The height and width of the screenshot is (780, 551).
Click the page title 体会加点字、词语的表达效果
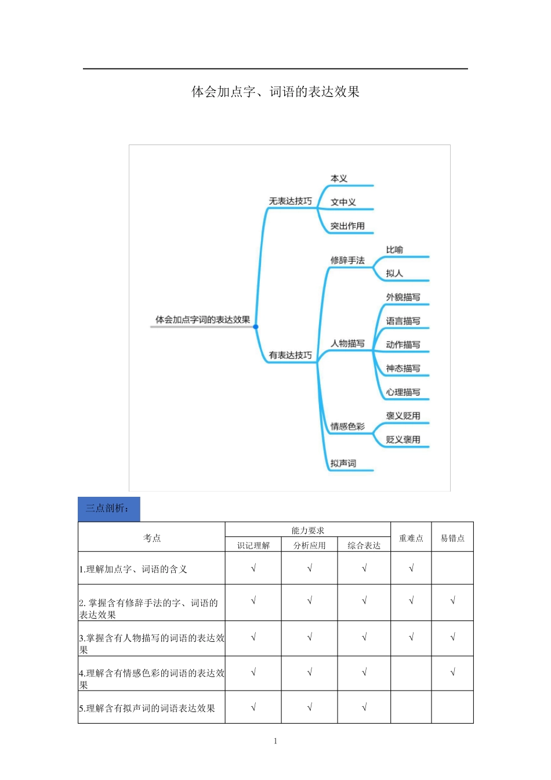275,92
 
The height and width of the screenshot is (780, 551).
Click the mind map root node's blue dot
256,327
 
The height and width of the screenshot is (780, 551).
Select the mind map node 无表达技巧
290,201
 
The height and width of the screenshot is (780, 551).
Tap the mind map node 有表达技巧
290,355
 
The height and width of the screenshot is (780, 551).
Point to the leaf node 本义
339,179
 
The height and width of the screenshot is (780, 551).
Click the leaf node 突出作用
347,226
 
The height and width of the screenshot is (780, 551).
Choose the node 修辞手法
347,260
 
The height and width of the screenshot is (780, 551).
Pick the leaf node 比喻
394,250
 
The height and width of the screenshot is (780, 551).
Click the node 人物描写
347,344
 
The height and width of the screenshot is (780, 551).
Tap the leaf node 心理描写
403,392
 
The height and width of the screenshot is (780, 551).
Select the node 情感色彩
347,427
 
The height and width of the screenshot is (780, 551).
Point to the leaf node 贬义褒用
403,439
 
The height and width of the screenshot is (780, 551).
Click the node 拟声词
343,463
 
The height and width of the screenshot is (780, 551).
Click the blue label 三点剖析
109,509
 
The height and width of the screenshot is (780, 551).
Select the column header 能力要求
307,530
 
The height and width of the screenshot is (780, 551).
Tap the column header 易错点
452,538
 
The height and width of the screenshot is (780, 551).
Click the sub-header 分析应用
309,545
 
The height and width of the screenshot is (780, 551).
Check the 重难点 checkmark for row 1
411,568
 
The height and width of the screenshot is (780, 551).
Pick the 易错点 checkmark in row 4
452,672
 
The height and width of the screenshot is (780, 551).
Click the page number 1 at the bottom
275,741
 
